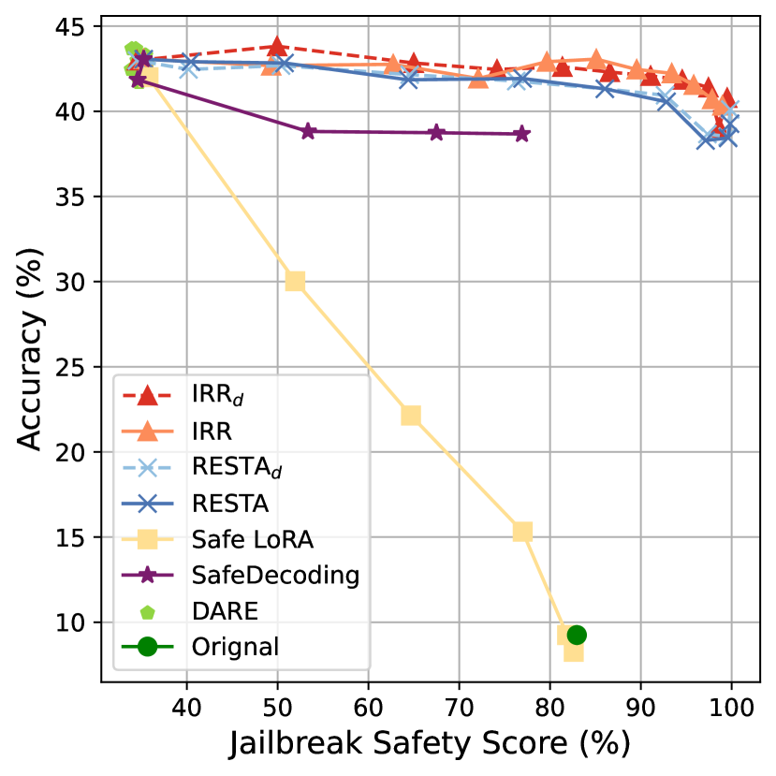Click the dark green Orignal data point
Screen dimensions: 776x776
point(577,635)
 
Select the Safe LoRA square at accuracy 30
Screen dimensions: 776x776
point(295,281)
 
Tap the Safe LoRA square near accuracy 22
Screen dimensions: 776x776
point(410,415)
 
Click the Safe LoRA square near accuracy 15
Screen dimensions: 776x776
point(522,532)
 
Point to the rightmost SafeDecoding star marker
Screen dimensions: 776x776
point(521,134)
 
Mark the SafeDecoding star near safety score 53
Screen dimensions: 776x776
point(309,131)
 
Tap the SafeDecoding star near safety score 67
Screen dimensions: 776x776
point(436,133)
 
